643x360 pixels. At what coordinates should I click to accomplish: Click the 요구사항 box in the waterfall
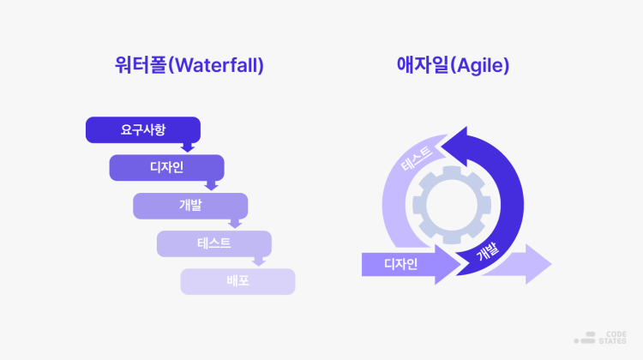pyautogui.click(x=143, y=130)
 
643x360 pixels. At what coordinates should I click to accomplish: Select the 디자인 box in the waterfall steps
pyautogui.click(x=166, y=168)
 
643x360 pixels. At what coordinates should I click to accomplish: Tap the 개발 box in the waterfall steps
pyautogui.click(x=190, y=206)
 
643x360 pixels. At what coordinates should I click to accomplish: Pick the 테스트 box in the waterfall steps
pyautogui.click(x=214, y=243)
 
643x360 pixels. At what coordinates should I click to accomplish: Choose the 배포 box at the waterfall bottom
pyautogui.click(x=237, y=282)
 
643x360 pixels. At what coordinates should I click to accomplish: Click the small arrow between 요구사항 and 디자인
pyautogui.click(x=188, y=147)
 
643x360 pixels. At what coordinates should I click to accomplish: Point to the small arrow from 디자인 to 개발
pyautogui.click(x=211, y=185)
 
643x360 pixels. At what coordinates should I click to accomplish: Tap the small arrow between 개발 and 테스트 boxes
pyautogui.click(x=235, y=224)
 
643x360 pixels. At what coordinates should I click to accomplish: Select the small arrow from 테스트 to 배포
pyautogui.click(x=259, y=261)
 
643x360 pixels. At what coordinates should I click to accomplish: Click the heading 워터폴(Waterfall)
pyautogui.click(x=189, y=65)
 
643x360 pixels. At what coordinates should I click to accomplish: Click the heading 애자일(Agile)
pyautogui.click(x=453, y=65)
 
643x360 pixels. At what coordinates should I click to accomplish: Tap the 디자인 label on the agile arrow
pyautogui.click(x=400, y=264)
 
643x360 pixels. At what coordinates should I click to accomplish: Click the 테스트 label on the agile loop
pyautogui.click(x=417, y=159)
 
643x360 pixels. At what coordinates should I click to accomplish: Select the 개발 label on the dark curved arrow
pyautogui.click(x=488, y=251)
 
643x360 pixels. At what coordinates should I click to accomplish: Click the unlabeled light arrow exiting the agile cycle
pyautogui.click(x=518, y=264)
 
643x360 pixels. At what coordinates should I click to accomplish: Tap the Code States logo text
pyautogui.click(x=612, y=338)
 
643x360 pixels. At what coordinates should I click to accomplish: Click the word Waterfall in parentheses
pyautogui.click(x=217, y=66)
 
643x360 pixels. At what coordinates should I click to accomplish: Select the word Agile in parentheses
pyautogui.click(x=480, y=66)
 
